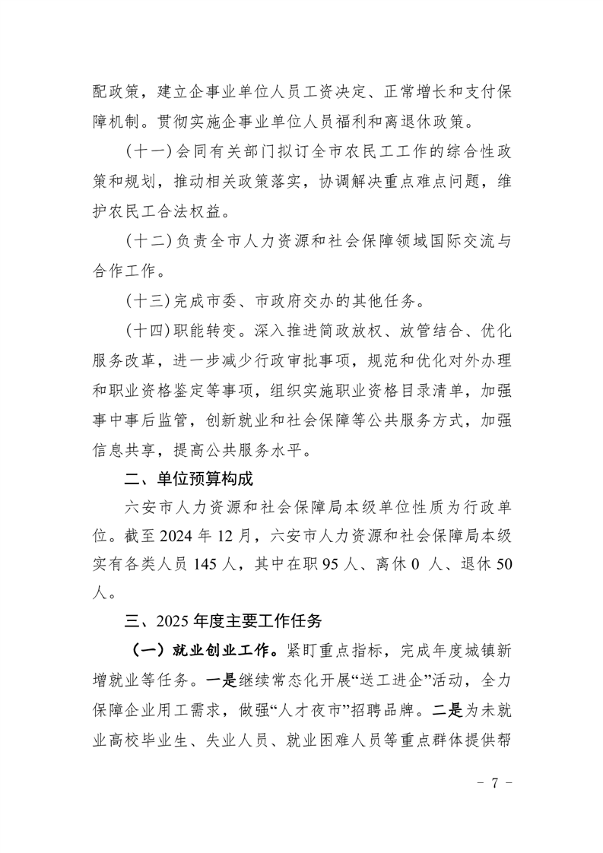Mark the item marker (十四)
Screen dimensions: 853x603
149,331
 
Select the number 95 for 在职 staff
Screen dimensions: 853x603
329,564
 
